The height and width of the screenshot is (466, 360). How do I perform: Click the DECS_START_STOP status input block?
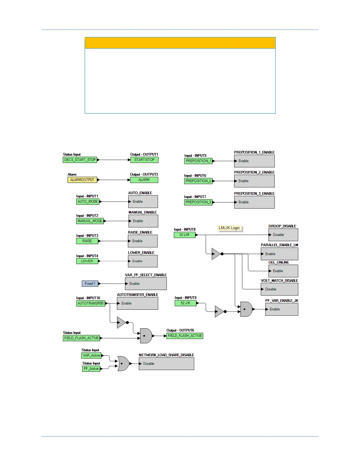80,160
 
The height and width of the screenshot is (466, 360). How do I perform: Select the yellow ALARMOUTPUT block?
82,180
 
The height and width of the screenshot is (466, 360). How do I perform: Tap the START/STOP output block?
144,160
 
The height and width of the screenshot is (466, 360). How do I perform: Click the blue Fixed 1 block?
90,284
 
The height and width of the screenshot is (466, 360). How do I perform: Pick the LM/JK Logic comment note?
229,228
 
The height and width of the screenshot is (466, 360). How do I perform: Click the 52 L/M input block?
184,235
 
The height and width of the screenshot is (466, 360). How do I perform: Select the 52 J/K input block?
185,303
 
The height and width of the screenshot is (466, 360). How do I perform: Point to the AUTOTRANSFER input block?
91,303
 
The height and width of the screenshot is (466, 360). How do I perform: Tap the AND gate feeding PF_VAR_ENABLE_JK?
246,309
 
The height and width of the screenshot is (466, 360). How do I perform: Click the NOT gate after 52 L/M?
216,254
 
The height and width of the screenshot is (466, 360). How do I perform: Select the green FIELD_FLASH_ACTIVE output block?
185,336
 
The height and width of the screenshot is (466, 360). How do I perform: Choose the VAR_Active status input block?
91,355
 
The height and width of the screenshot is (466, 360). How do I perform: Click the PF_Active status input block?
91,369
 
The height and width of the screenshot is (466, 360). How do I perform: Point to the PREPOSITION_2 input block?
198,181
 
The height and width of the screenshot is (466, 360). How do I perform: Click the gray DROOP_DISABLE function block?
283,235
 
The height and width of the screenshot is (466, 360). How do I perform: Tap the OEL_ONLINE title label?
279,262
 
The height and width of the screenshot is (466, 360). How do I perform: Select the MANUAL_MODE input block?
90,221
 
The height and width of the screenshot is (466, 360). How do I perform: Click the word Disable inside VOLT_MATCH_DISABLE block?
271,289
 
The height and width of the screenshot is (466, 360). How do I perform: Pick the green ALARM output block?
144,180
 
